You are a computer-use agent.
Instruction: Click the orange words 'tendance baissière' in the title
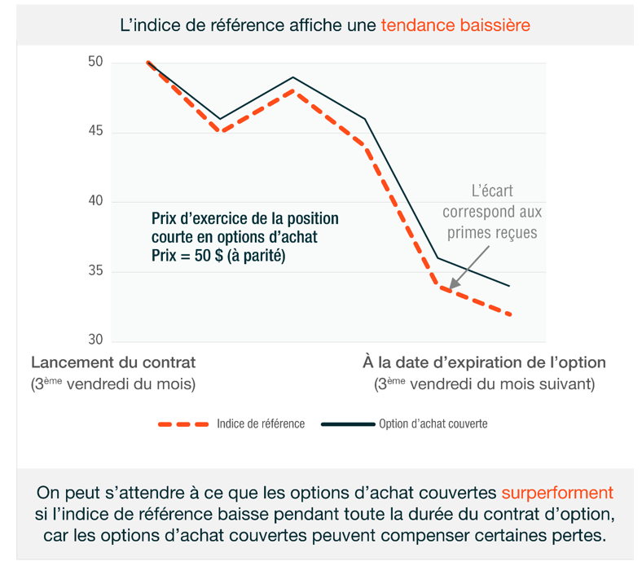455,25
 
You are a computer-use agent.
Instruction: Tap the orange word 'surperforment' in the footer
557,494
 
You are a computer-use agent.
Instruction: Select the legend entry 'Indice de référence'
261,423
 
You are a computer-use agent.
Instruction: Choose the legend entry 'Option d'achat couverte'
433,423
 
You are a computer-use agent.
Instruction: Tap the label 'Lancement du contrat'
113,362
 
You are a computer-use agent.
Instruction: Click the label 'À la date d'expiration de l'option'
484,362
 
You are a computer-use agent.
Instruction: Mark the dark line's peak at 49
292,77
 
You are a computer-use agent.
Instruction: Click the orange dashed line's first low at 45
219,132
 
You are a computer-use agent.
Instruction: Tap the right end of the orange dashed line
510,314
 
